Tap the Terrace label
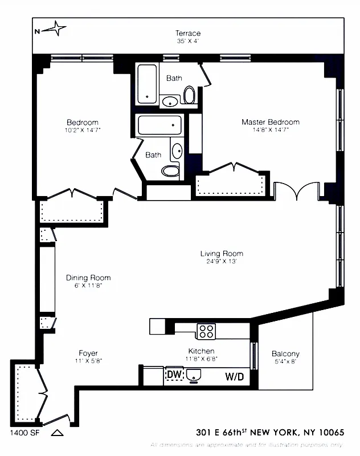(187, 34)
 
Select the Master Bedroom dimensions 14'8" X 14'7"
(270, 130)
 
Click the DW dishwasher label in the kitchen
(174, 375)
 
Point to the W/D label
(234, 376)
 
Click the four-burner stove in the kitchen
(205, 331)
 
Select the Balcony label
(285, 353)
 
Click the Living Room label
(221, 254)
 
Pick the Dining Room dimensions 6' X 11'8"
(88, 286)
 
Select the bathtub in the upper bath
(148, 83)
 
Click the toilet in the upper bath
(189, 95)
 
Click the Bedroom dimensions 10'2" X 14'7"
(82, 130)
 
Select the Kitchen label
(201, 351)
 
